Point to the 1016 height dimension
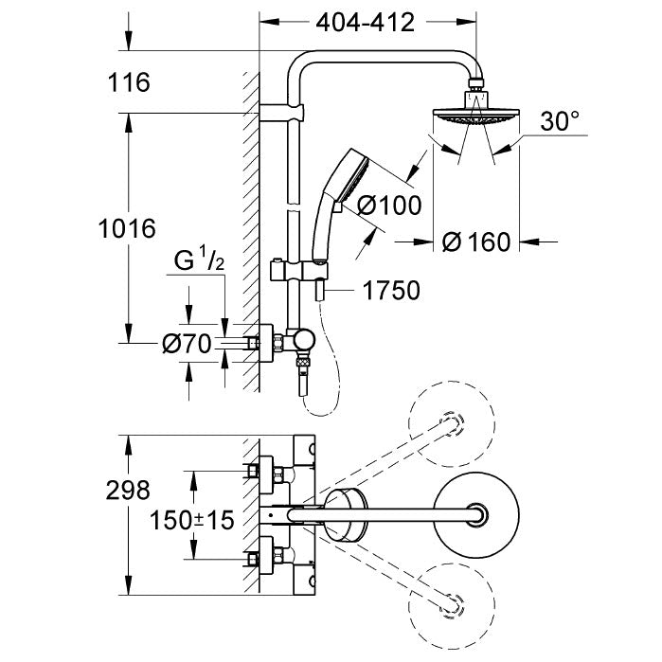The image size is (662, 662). (x=127, y=228)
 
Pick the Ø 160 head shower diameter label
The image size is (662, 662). (x=476, y=242)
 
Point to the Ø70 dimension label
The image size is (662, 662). (x=186, y=345)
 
